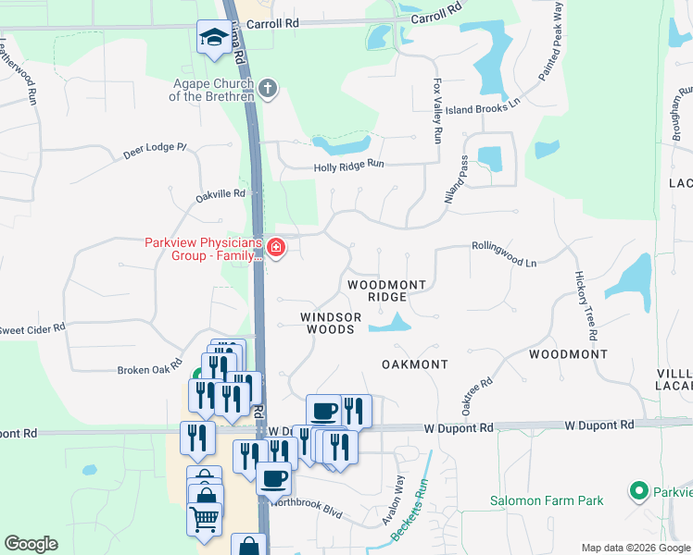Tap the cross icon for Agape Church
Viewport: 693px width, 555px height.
point(268,89)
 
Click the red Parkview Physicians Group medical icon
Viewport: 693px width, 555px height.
point(275,248)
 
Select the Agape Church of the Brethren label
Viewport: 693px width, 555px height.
point(212,90)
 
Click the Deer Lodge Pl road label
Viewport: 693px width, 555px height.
point(155,151)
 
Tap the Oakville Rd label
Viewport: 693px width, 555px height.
point(220,194)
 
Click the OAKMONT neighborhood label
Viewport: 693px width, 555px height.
point(415,364)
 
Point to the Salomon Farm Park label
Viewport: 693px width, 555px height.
point(547,500)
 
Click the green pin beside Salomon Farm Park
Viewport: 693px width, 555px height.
point(636,489)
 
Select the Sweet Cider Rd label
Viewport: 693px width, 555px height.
point(32,328)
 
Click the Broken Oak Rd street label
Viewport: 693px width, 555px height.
point(149,368)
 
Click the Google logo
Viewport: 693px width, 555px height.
point(31,544)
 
